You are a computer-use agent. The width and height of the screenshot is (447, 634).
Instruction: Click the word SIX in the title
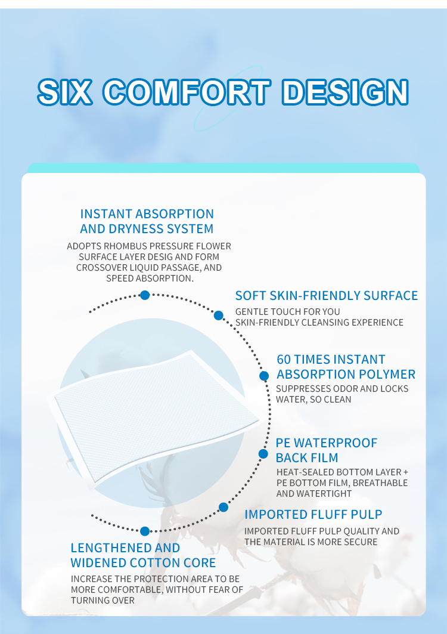point(65,92)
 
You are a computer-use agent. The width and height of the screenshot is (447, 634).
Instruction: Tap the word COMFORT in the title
point(187,92)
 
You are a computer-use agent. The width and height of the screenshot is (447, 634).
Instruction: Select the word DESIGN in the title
point(345,92)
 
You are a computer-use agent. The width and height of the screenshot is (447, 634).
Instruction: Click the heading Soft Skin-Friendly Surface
point(327,296)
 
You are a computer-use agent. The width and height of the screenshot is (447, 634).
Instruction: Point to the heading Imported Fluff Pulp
point(313,514)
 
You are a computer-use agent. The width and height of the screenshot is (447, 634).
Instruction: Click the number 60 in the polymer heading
point(284,360)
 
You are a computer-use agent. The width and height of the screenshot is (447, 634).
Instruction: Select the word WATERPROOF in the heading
point(336,443)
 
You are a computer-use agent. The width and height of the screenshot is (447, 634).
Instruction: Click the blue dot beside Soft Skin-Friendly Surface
point(218,316)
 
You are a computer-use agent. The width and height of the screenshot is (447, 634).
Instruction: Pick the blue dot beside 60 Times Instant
point(264,376)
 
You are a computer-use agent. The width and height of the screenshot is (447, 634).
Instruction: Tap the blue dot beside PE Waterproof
point(263,454)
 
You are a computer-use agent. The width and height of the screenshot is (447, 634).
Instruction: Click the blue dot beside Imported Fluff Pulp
point(223,507)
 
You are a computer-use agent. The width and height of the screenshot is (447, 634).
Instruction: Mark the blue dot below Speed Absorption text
point(145,295)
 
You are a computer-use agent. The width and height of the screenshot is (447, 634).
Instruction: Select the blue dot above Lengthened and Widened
point(145,531)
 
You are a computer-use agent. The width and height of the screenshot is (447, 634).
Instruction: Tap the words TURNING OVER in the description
point(103,601)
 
